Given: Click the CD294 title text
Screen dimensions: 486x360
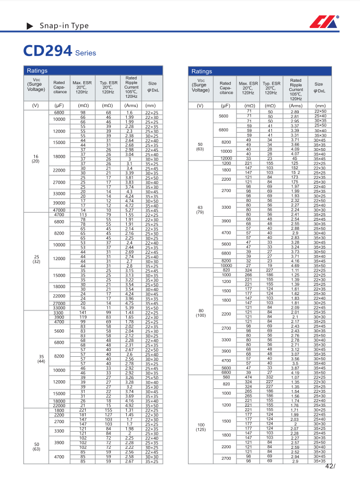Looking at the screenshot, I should click(x=47, y=50).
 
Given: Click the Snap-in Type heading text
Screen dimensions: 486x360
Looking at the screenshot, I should click(x=63, y=26).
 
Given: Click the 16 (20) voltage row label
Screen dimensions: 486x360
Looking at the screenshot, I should click(x=35, y=158).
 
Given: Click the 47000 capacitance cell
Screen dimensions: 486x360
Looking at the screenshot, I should click(x=59, y=210).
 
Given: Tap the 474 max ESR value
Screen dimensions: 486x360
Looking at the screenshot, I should click(x=249, y=377).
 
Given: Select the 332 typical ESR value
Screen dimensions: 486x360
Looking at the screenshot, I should click(x=270, y=377).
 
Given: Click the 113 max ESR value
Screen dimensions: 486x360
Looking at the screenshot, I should click(x=83, y=214).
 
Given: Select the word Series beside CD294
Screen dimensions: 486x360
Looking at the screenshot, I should click(x=86, y=53).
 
